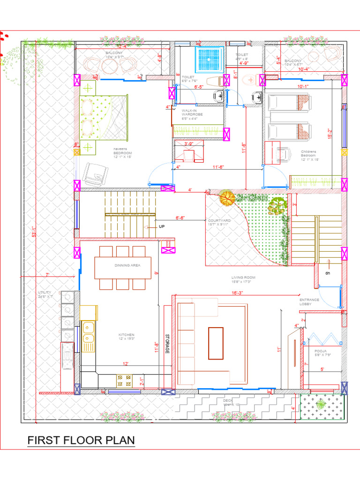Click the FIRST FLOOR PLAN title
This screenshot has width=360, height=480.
[81, 441]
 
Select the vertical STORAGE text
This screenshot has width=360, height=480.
[166, 344]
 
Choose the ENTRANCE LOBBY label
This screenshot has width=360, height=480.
[309, 302]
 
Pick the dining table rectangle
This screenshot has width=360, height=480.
[123, 268]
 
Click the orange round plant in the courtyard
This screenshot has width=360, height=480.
[227, 198]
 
